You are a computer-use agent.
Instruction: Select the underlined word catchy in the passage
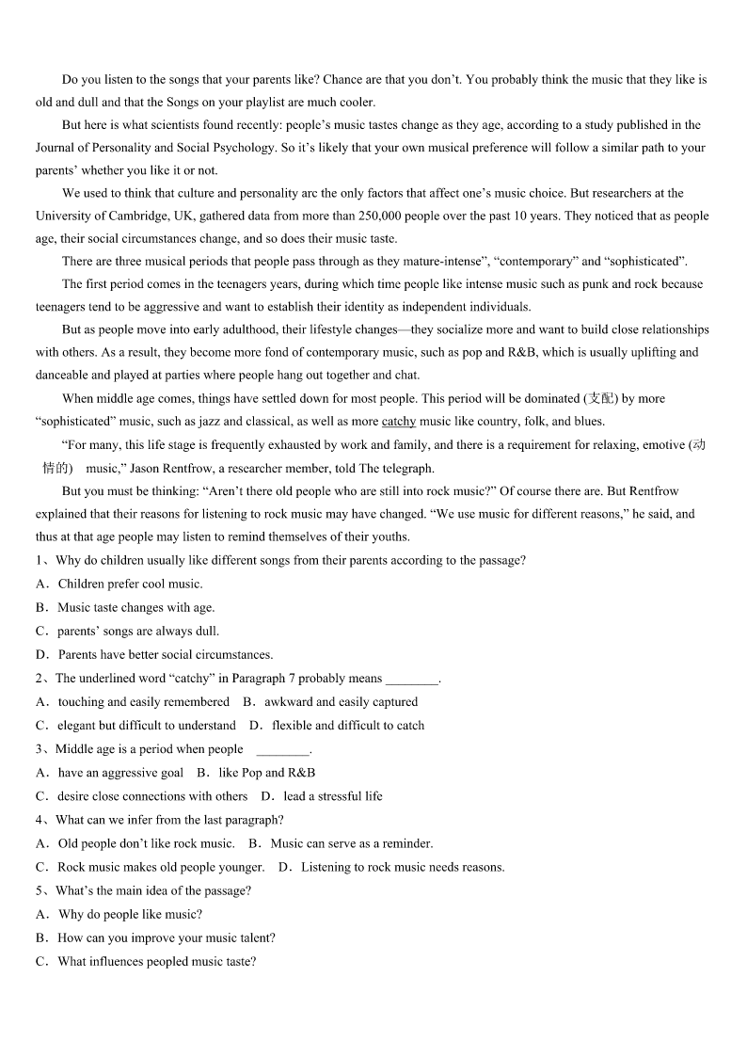coord(399,422)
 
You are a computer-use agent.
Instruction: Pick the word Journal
coord(56,148)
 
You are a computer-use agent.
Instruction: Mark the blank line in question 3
coord(282,750)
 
